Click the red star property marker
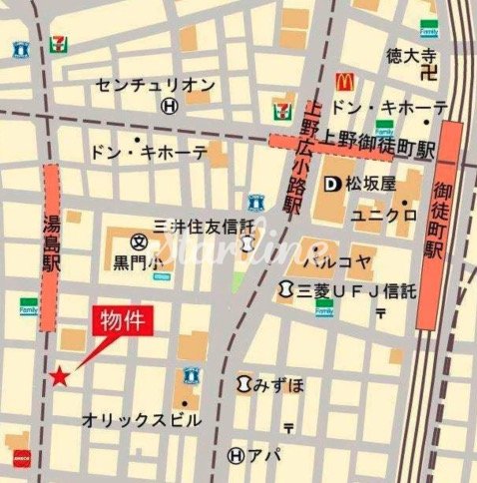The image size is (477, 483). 60,376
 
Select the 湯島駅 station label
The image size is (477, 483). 53,247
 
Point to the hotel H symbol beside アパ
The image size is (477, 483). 236,455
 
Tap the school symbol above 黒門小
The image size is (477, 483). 138,242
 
